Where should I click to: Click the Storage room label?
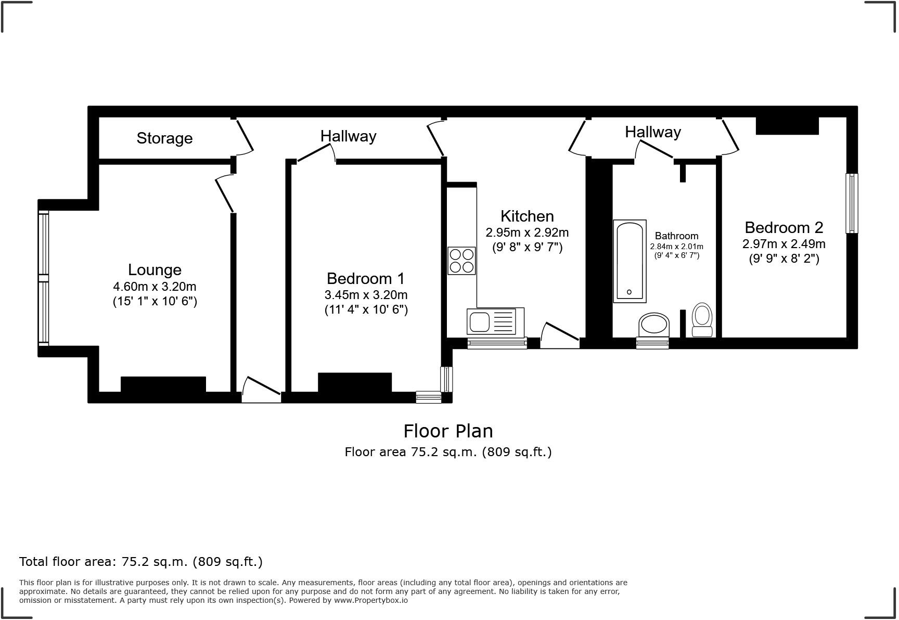[x=164, y=138]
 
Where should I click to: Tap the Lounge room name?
[x=155, y=270]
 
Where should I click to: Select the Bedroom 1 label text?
[x=365, y=278]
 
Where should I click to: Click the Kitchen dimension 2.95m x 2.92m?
[x=527, y=232]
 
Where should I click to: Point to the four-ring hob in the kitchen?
[x=461, y=261]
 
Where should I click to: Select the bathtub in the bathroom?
[x=630, y=261]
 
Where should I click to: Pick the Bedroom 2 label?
[x=784, y=228]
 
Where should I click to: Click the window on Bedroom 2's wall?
[x=852, y=203]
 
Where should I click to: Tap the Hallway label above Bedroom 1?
[x=348, y=136]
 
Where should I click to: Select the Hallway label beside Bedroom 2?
[x=652, y=132]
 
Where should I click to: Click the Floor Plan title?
[x=448, y=431]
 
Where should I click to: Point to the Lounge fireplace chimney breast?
[x=163, y=384]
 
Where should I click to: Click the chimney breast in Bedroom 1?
[x=355, y=382]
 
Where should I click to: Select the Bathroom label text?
[x=676, y=236]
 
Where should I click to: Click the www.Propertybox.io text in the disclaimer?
[x=370, y=600]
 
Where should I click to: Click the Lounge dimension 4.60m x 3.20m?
[x=155, y=287]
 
